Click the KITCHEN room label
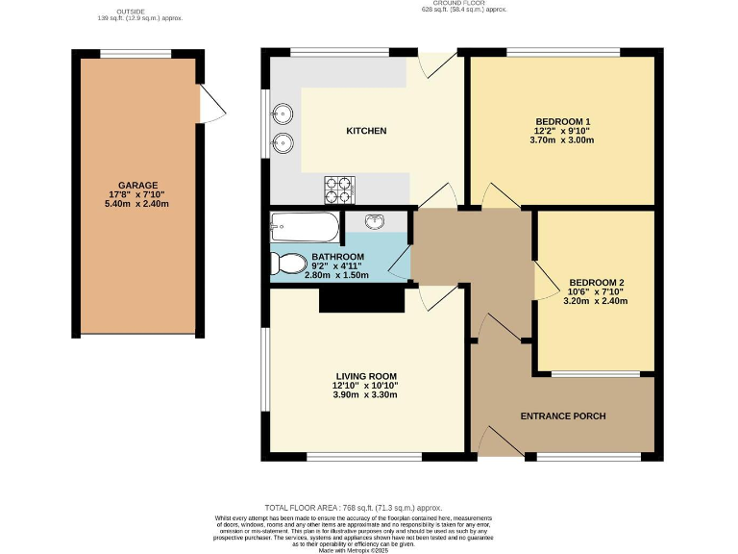click(x=366, y=131)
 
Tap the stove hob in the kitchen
click(x=339, y=190)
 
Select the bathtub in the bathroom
click(x=305, y=229)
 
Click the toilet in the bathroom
click(x=283, y=263)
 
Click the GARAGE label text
click(x=137, y=185)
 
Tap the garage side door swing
click(x=211, y=102)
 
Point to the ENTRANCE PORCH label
click(x=562, y=416)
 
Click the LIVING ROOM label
click(x=365, y=376)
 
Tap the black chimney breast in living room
click(x=360, y=300)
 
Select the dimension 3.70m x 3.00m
click(x=562, y=139)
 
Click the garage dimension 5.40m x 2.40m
click(x=137, y=204)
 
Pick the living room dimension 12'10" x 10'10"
click(x=365, y=386)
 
